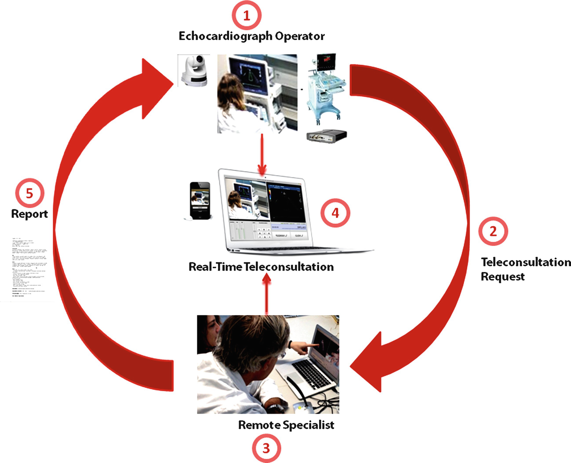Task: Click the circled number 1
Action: (246, 15)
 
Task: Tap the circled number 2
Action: (493, 231)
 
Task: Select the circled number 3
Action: (266, 448)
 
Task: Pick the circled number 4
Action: (335, 213)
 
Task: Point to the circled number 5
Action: (29, 193)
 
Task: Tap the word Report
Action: (29, 214)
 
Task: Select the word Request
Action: (502, 277)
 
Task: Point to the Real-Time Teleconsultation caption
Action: (261, 267)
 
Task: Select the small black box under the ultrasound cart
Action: (327, 136)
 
